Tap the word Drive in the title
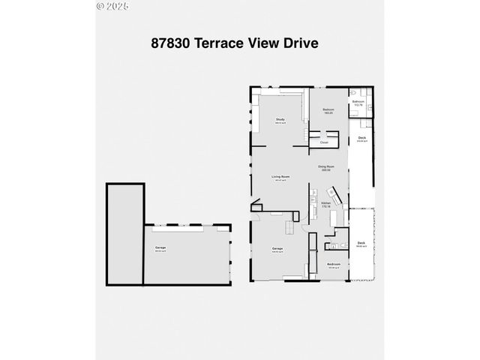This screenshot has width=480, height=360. tap(300, 43)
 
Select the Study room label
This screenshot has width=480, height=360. tap(280, 120)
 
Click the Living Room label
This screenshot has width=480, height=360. tap(280, 177)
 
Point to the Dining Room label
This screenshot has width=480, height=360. tap(324, 168)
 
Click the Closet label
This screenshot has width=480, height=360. tap(324, 142)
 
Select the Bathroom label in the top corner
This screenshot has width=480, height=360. tap(358, 102)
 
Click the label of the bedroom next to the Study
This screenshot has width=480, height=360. tap(328, 111)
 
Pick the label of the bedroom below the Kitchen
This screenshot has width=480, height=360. tap(333, 265)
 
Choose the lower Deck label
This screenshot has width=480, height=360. tap(361, 243)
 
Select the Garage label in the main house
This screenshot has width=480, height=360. tap(277, 249)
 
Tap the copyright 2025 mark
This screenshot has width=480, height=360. tap(112, 6)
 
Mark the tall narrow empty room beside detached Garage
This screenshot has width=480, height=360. tap(124, 232)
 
